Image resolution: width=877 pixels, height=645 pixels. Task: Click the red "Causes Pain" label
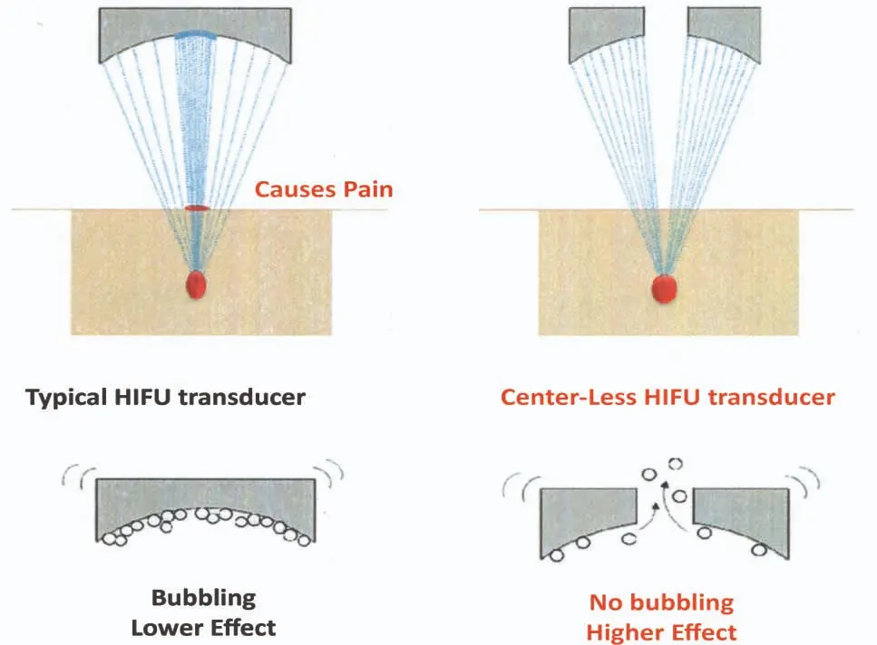click(323, 189)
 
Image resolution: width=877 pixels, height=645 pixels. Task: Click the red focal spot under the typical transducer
click(197, 284)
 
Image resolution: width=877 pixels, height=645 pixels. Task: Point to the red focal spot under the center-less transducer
click(666, 287)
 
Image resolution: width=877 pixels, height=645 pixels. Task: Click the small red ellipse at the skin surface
click(197, 208)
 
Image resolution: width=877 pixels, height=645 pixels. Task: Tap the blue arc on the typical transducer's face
click(195, 35)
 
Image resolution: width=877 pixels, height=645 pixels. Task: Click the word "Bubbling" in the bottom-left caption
click(203, 598)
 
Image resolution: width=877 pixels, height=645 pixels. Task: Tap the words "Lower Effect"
click(203, 627)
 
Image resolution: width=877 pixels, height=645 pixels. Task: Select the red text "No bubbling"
click(661, 602)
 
